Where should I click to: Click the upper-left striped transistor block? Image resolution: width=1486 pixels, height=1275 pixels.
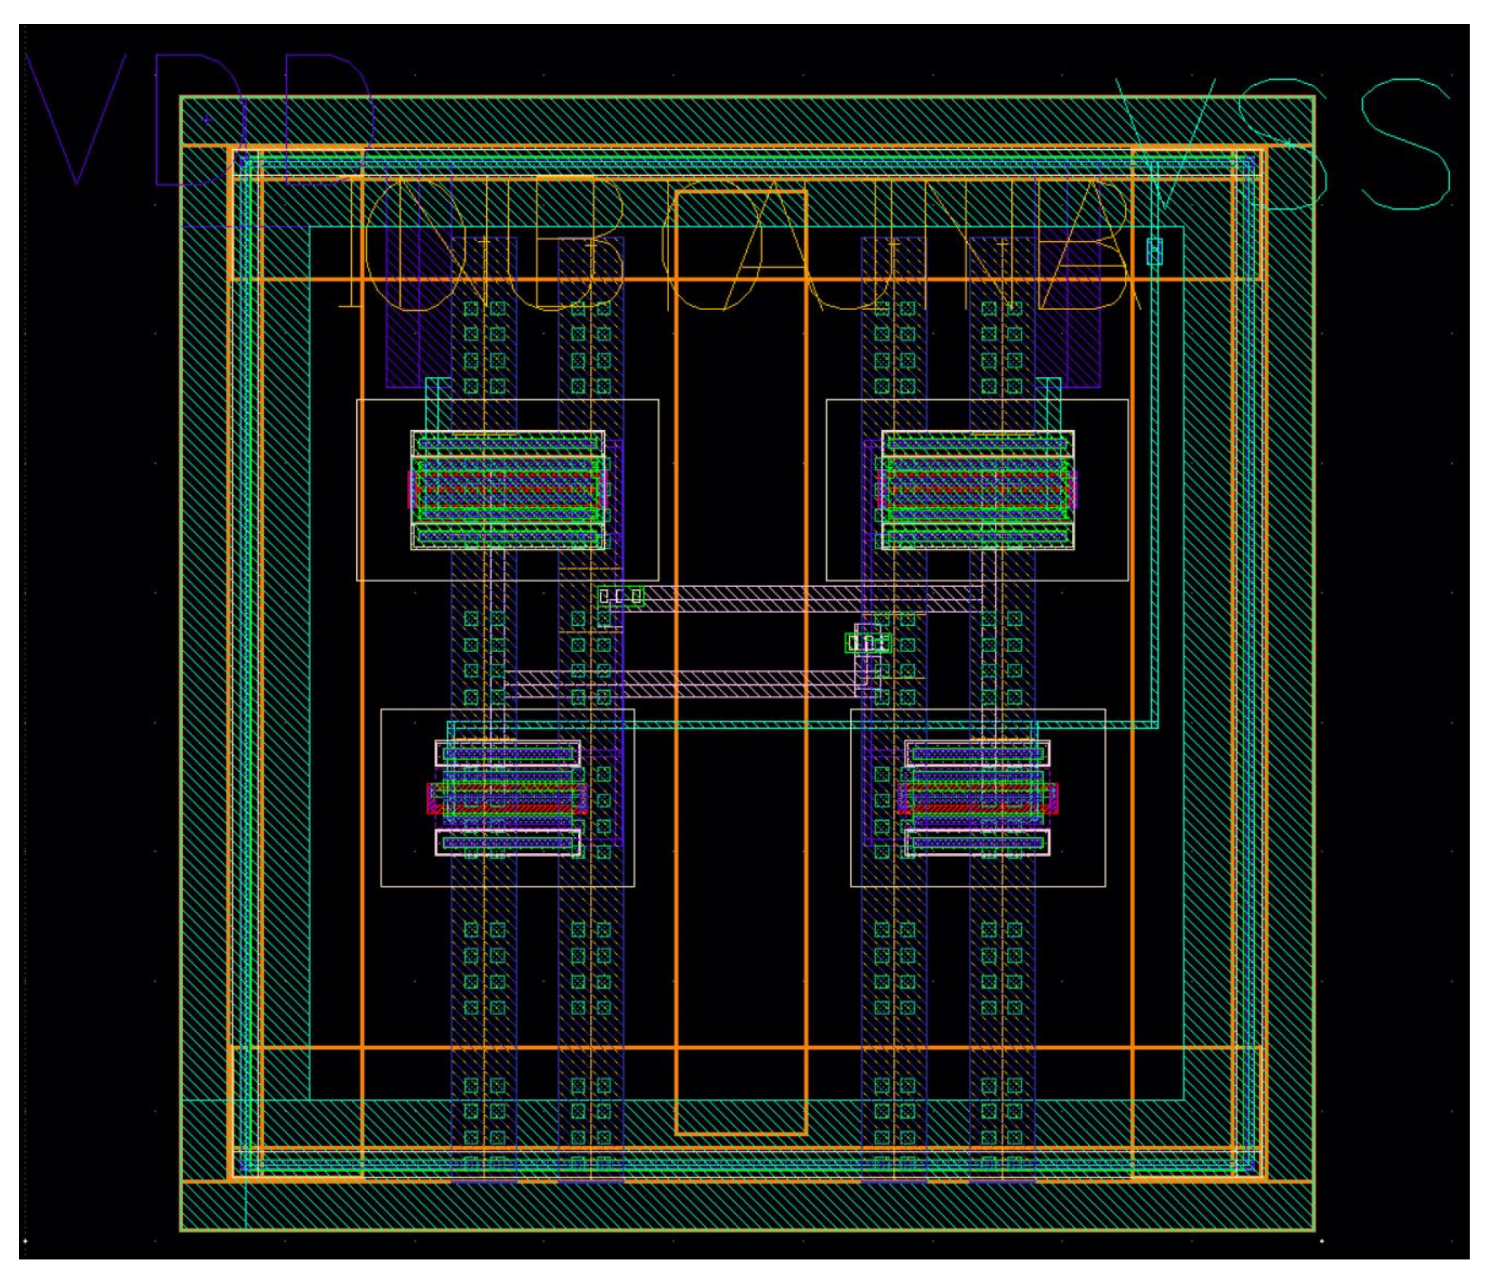point(507,490)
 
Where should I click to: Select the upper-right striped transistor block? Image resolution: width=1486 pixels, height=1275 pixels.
point(977,490)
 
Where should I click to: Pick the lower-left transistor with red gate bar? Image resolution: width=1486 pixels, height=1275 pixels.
point(507,797)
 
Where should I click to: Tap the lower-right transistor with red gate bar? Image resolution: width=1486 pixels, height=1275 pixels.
point(977,797)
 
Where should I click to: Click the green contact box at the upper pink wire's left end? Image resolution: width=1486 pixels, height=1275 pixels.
point(621,596)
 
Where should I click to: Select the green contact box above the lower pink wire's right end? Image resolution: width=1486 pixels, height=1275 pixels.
point(868,643)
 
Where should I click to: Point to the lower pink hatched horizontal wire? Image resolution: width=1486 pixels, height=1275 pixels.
point(681,683)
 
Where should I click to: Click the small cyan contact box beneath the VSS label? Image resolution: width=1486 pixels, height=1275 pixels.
point(1154,251)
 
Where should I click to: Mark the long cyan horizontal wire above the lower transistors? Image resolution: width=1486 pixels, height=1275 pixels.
point(789,725)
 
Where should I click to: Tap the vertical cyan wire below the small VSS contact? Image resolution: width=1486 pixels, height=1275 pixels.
point(1155,502)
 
